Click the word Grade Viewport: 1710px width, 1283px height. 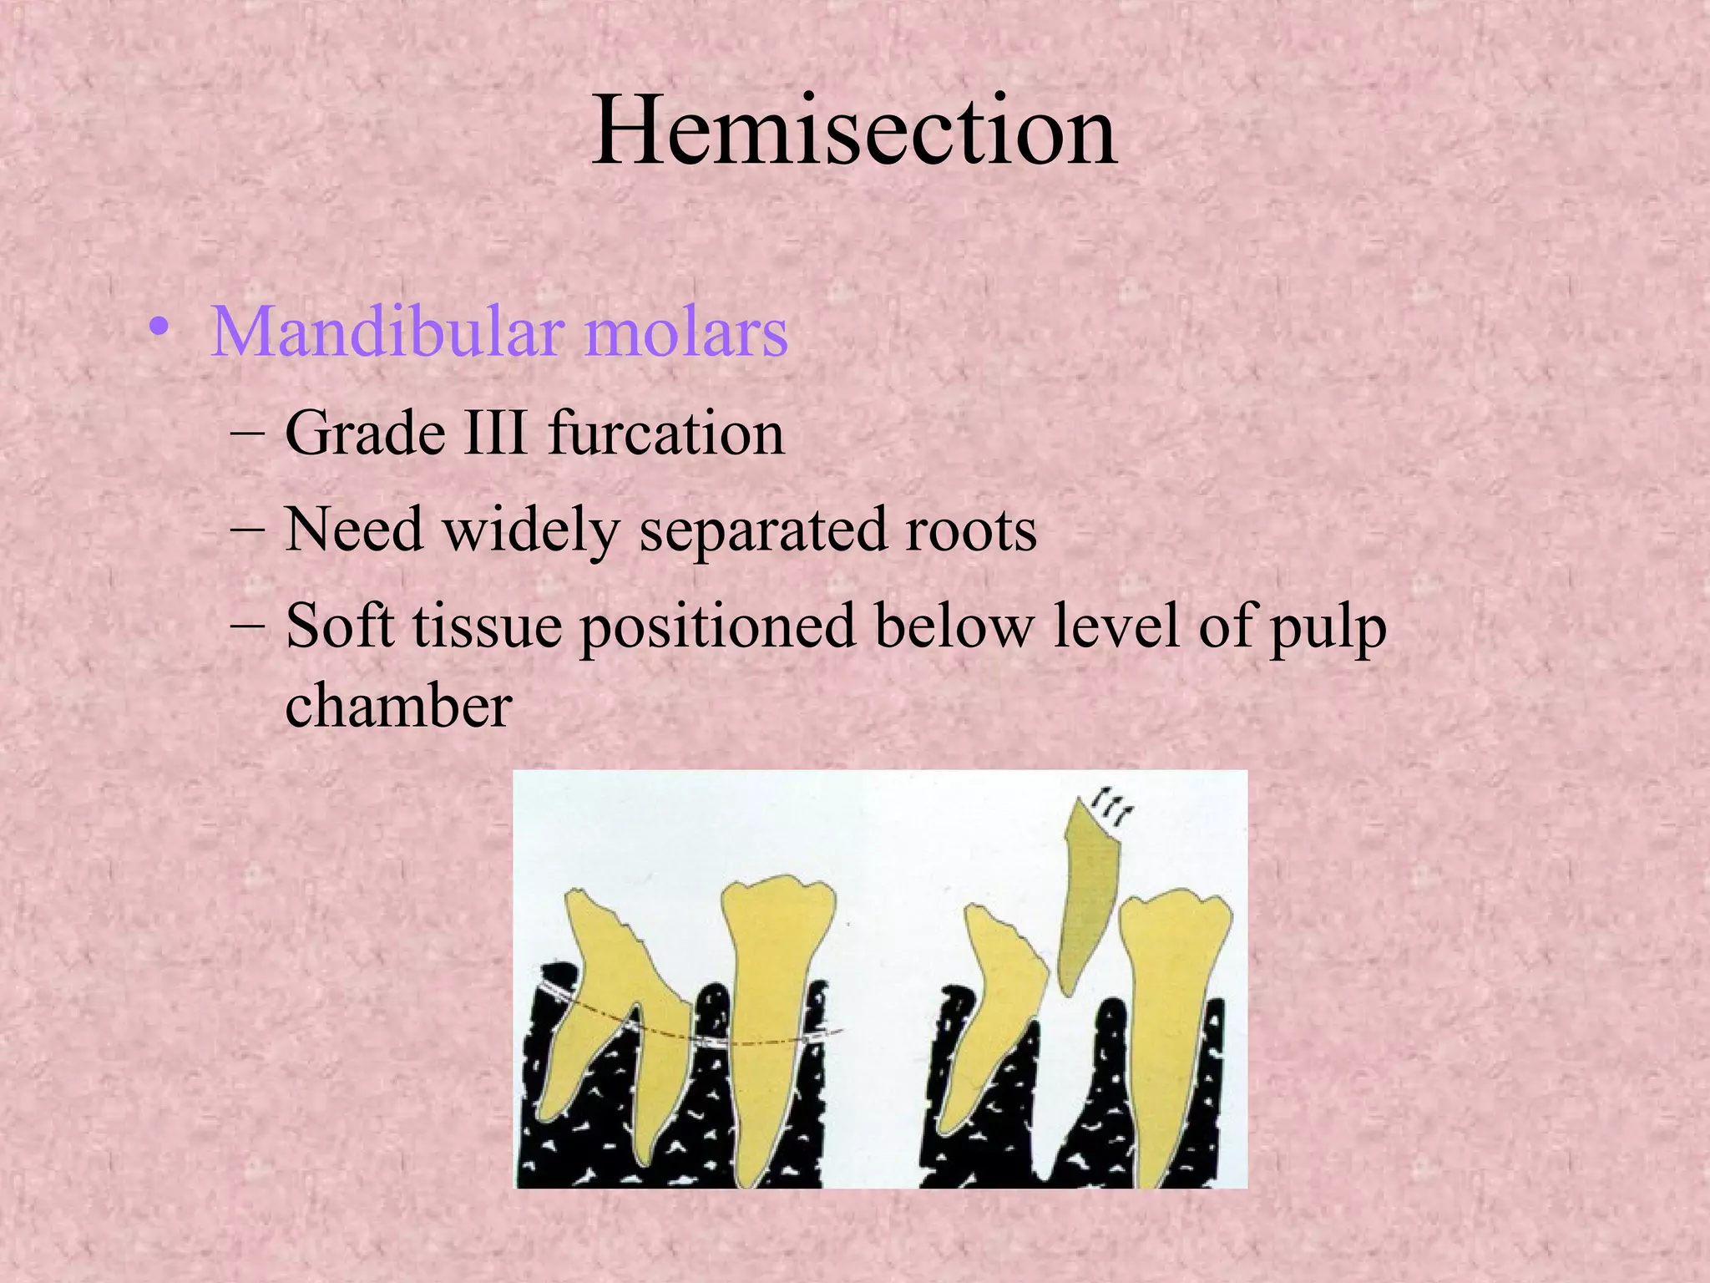pyautogui.click(x=365, y=434)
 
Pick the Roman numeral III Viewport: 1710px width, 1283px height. pyautogui.click(x=496, y=434)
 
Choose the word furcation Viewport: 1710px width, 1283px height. pyautogui.click(x=667, y=434)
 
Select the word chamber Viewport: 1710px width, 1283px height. pyautogui.click(x=398, y=706)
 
